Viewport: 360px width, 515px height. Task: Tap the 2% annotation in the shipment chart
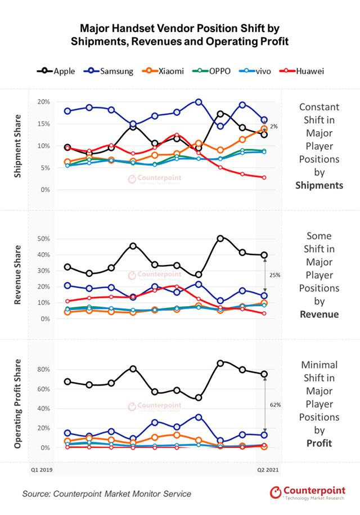[273, 127]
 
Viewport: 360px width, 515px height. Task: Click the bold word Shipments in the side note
[319, 185]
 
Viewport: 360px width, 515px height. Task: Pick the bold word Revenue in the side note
[319, 314]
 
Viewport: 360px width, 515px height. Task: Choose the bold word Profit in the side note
[319, 443]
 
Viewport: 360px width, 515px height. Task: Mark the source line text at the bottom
[107, 494]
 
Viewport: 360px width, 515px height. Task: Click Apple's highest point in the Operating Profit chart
[220, 363]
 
